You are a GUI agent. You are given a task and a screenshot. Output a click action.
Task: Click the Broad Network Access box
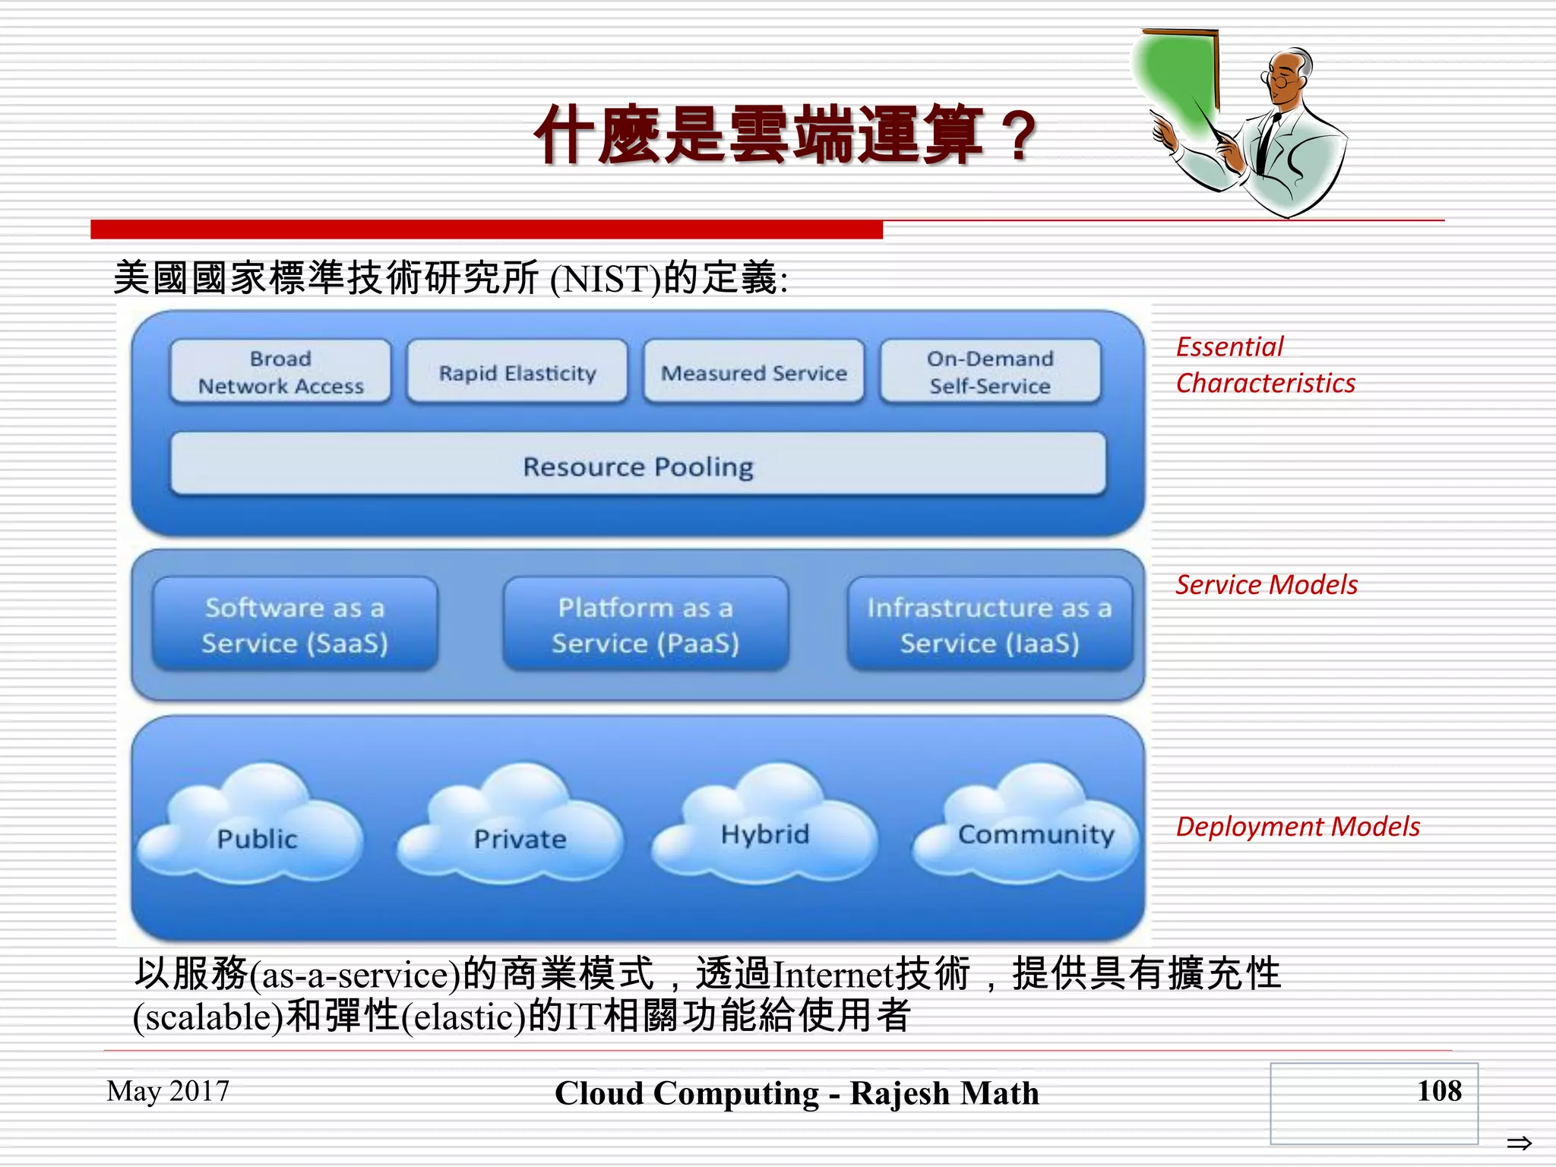pyautogui.click(x=280, y=372)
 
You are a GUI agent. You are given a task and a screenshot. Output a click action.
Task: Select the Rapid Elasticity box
pyautogui.click(x=517, y=372)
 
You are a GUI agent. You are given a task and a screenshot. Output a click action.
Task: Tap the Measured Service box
pyautogui.click(x=754, y=372)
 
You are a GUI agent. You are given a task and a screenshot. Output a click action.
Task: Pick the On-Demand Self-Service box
pyautogui.click(x=990, y=372)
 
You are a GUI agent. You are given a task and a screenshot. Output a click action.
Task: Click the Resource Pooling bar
pyautogui.click(x=638, y=466)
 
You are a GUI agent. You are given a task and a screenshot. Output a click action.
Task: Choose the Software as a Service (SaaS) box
pyautogui.click(x=295, y=625)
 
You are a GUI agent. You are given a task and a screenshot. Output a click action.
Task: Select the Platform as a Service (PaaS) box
pyautogui.click(x=646, y=625)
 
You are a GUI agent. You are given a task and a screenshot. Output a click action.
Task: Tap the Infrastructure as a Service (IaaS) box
pyautogui.click(x=989, y=625)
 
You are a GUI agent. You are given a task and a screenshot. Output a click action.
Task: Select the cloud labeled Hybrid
pyautogui.click(x=765, y=832)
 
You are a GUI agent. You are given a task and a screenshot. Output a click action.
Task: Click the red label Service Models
pyautogui.click(x=1267, y=584)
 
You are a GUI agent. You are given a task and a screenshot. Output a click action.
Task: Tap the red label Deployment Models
pyautogui.click(x=1298, y=826)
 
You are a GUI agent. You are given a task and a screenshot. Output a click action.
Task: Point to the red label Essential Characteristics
pyautogui.click(x=1265, y=365)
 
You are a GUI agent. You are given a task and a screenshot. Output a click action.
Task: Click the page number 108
pyautogui.click(x=1439, y=1090)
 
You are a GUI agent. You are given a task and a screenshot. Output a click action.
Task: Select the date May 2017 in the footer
pyautogui.click(x=168, y=1091)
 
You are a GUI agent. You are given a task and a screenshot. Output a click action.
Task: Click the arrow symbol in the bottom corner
pyautogui.click(x=1519, y=1142)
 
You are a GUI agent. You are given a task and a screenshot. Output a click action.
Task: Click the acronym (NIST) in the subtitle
pyautogui.click(x=606, y=279)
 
